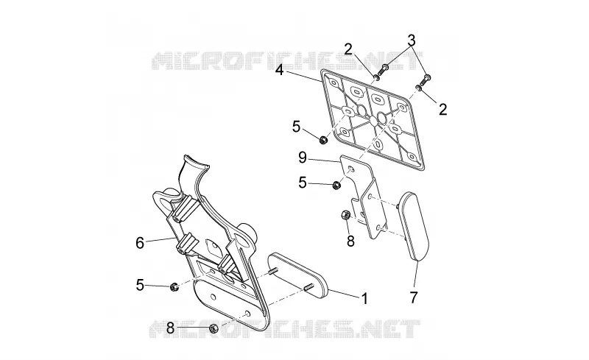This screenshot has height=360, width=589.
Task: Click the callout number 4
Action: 279,69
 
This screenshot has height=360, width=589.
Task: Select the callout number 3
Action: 412,40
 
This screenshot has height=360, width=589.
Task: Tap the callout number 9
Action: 303,158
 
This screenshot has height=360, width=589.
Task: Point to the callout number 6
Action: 140,243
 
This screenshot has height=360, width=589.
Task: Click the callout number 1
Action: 364,299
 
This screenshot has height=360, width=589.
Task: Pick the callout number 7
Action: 414,297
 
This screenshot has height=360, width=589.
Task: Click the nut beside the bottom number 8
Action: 213,328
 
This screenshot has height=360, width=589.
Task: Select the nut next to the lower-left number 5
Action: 174,287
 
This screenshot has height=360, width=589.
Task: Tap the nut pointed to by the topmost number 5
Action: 322,140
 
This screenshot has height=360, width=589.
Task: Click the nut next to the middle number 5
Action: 336,185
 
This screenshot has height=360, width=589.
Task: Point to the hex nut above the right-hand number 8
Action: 345,215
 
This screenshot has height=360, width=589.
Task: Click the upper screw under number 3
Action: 384,68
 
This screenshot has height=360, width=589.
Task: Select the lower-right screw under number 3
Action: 426,79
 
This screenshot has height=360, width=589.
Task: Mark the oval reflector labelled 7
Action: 413,225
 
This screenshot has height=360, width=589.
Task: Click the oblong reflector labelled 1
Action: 299,275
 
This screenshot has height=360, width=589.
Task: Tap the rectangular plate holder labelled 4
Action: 373,119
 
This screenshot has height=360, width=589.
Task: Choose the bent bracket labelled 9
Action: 364,197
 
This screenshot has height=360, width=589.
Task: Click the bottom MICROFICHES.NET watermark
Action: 285,329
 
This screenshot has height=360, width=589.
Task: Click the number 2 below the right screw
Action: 443,110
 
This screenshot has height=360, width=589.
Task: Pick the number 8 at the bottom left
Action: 170,328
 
